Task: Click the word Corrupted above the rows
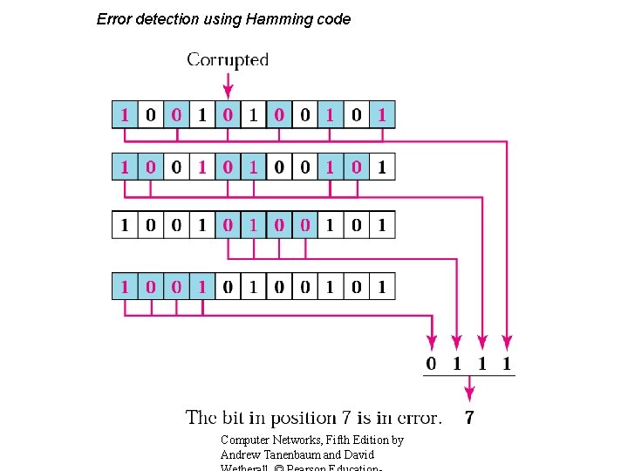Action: [228, 60]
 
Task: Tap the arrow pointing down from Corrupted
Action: [228, 85]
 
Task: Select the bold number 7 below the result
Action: [470, 418]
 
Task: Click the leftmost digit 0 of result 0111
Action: [431, 363]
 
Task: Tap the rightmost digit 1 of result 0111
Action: [507, 363]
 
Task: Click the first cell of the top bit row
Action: [125, 114]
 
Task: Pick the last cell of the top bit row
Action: [382, 114]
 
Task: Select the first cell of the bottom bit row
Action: [125, 286]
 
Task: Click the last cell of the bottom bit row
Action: [382, 286]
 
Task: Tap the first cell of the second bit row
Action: [125, 167]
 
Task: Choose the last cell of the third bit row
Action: [382, 225]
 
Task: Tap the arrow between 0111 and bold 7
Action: [469, 389]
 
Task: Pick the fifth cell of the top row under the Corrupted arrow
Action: [228, 114]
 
